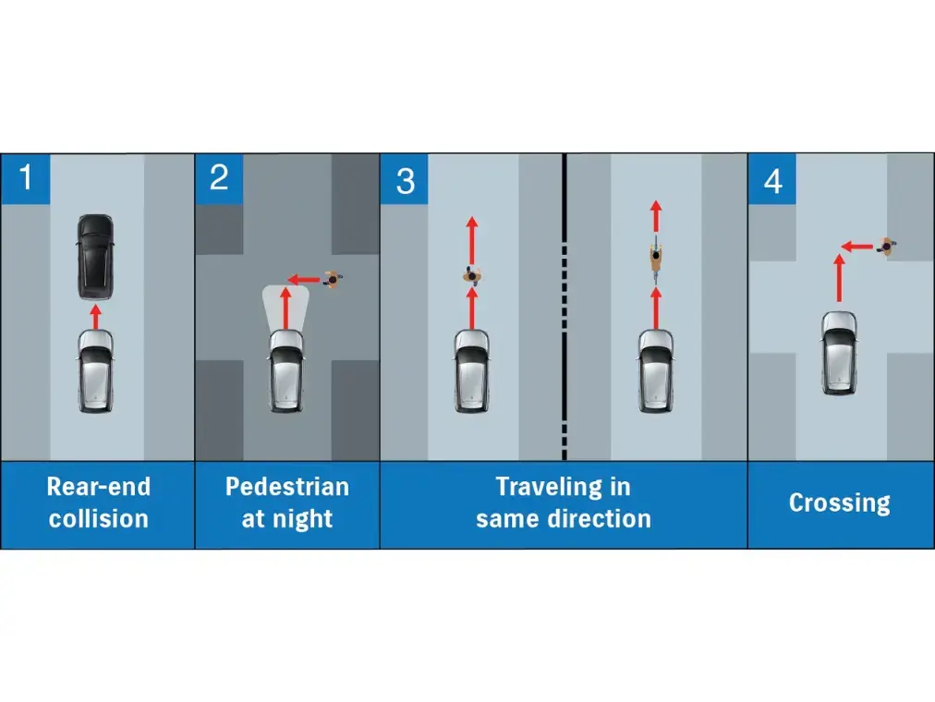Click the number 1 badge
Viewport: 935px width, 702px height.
[26, 179]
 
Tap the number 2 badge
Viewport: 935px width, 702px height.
[220, 179]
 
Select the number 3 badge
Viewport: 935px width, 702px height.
[405, 179]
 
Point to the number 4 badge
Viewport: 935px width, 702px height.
[772, 179]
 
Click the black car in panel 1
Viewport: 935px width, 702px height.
[95, 257]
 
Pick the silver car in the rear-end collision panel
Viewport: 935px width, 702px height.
[95, 370]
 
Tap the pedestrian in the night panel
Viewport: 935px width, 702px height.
[334, 279]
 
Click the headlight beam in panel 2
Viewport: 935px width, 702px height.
[285, 309]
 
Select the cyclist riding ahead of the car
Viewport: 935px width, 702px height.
[656, 260]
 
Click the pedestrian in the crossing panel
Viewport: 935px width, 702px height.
[887, 245]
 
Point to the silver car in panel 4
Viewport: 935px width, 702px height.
[840, 353]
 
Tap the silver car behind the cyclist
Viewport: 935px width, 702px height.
[656, 370]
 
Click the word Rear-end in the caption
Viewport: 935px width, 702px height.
[98, 486]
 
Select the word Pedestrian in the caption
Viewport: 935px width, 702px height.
[287, 486]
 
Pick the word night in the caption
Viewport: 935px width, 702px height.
[303, 518]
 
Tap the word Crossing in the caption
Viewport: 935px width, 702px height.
[840, 503]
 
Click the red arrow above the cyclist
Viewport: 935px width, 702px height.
[656, 216]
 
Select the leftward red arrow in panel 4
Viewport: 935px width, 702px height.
[857, 246]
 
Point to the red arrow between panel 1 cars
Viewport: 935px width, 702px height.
[95, 317]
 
